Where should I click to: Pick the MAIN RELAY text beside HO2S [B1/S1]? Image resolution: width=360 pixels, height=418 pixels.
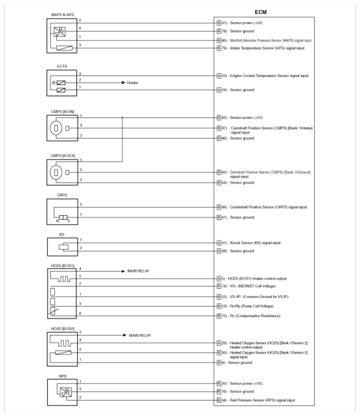[x=142, y=271]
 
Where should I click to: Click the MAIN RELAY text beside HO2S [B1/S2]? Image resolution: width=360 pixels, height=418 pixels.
[x=142, y=335]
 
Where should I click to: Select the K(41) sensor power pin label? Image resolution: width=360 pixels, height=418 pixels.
[x=223, y=23]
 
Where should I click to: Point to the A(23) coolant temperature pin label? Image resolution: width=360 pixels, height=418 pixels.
[x=223, y=75]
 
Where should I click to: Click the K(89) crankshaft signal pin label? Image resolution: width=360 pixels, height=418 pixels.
[x=223, y=207]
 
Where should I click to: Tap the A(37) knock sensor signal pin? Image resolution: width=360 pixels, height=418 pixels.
[x=223, y=243]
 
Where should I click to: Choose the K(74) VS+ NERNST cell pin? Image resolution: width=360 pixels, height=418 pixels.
[x=223, y=287]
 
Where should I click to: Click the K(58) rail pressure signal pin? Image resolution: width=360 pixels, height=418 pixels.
[x=223, y=401]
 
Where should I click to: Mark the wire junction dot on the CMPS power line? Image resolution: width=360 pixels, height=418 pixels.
[x=123, y=118]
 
